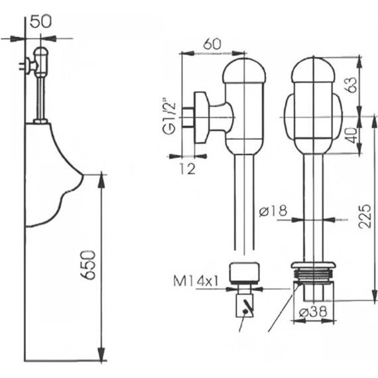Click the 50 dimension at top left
41,21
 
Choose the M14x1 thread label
200,282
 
